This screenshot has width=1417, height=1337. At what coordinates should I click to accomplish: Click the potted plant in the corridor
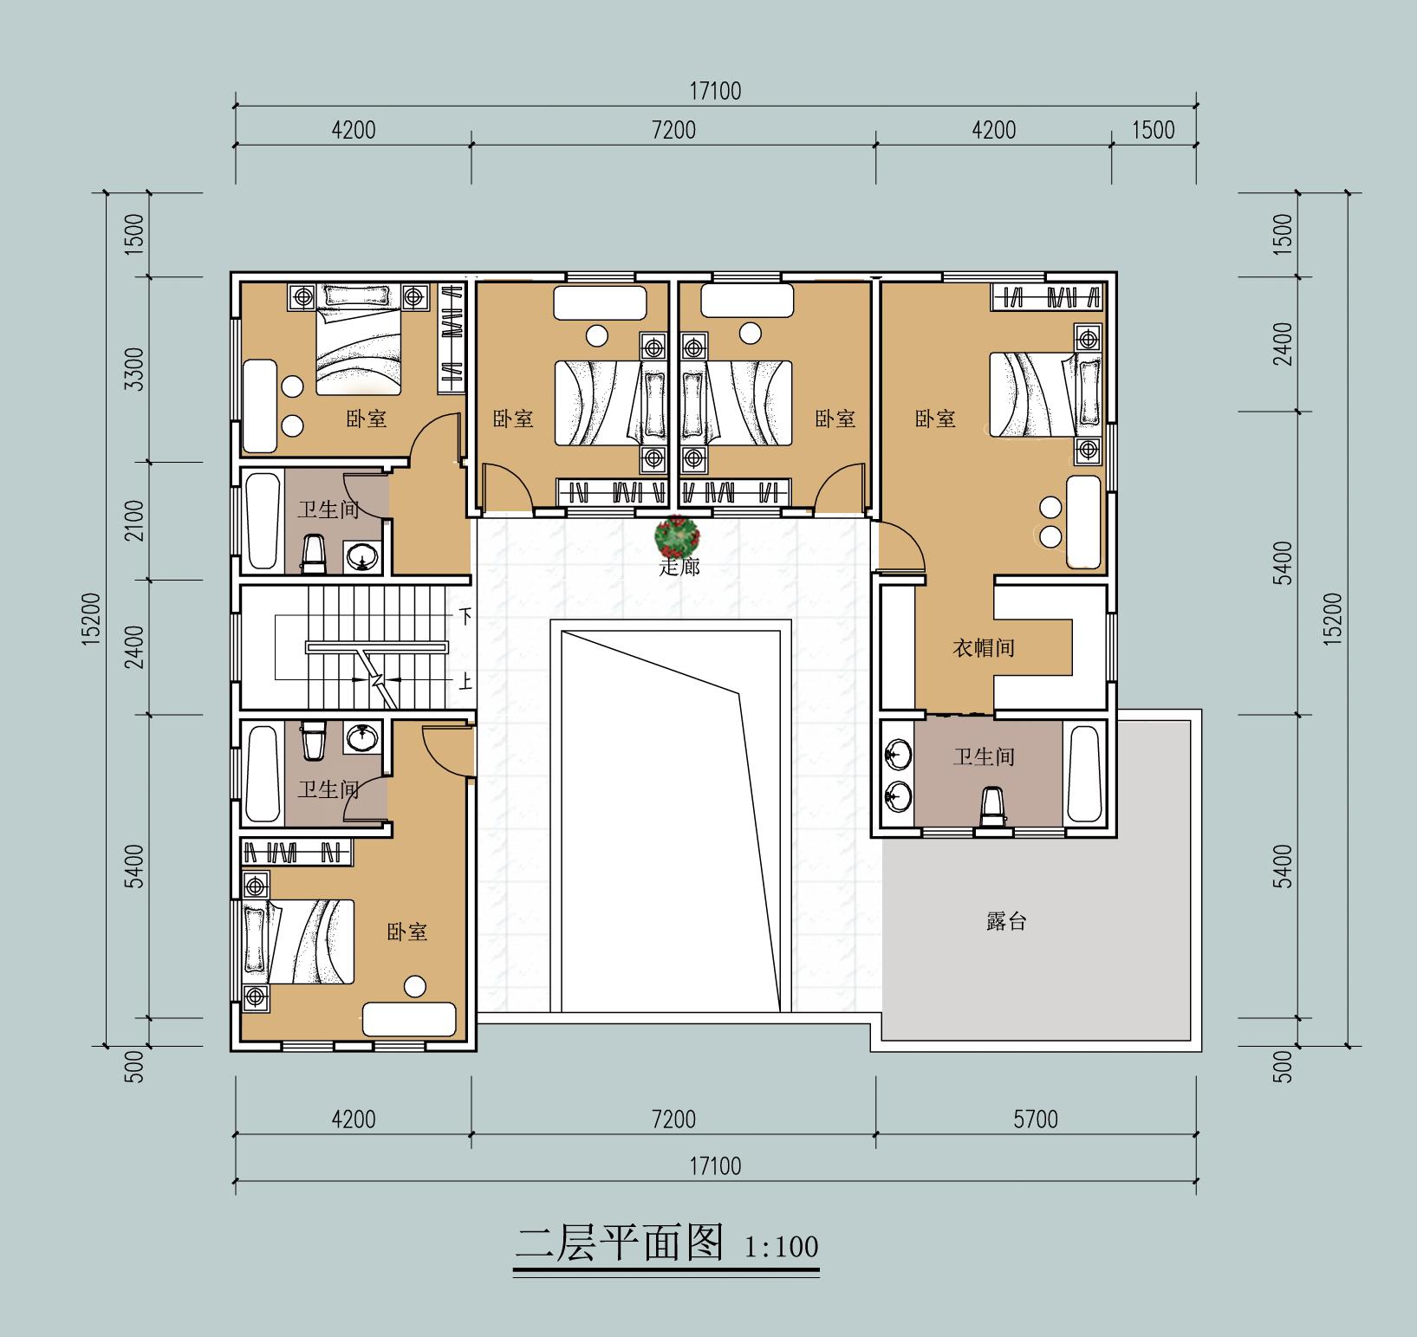tap(677, 537)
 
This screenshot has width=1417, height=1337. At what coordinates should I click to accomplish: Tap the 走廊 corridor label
tap(679, 569)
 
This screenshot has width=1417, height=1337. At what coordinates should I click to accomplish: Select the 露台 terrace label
tap(1006, 921)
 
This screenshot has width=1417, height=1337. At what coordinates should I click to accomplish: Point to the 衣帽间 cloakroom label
tap(984, 647)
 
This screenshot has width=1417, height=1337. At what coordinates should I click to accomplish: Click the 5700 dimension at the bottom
tap(1036, 1120)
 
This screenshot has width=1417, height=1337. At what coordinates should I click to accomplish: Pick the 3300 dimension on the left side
tap(134, 369)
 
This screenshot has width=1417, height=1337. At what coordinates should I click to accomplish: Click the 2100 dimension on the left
tap(134, 520)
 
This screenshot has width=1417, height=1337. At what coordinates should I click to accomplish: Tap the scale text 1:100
tap(781, 1247)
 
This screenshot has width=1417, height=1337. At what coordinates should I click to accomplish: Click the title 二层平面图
tap(620, 1243)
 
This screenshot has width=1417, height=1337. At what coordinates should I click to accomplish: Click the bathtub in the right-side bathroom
tap(1082, 774)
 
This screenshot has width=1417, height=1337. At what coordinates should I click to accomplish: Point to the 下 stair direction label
tap(465, 617)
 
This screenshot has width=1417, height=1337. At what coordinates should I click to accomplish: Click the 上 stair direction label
tap(465, 682)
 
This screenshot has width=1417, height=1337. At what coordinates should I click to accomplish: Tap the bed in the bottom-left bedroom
tap(299, 941)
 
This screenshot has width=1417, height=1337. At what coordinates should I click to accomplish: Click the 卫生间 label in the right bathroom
tap(984, 756)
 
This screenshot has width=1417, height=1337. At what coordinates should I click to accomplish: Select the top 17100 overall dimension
tap(715, 91)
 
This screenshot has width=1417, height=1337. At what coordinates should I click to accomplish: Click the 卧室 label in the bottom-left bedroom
tap(406, 932)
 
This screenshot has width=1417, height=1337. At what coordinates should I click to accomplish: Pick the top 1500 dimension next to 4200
tap(1154, 130)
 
